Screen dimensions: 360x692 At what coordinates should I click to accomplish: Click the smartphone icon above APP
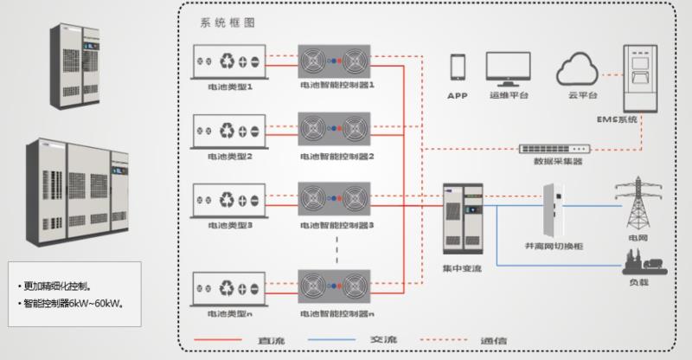[458, 67]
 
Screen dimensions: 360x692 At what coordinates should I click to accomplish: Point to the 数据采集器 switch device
[554, 148]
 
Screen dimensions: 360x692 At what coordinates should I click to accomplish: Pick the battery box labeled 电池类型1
[227, 61]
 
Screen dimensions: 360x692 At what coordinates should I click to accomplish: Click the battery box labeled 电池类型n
[227, 287]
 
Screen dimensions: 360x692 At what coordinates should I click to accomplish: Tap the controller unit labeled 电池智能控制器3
[335, 200]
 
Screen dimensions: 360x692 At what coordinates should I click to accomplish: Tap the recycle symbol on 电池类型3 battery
[226, 202]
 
